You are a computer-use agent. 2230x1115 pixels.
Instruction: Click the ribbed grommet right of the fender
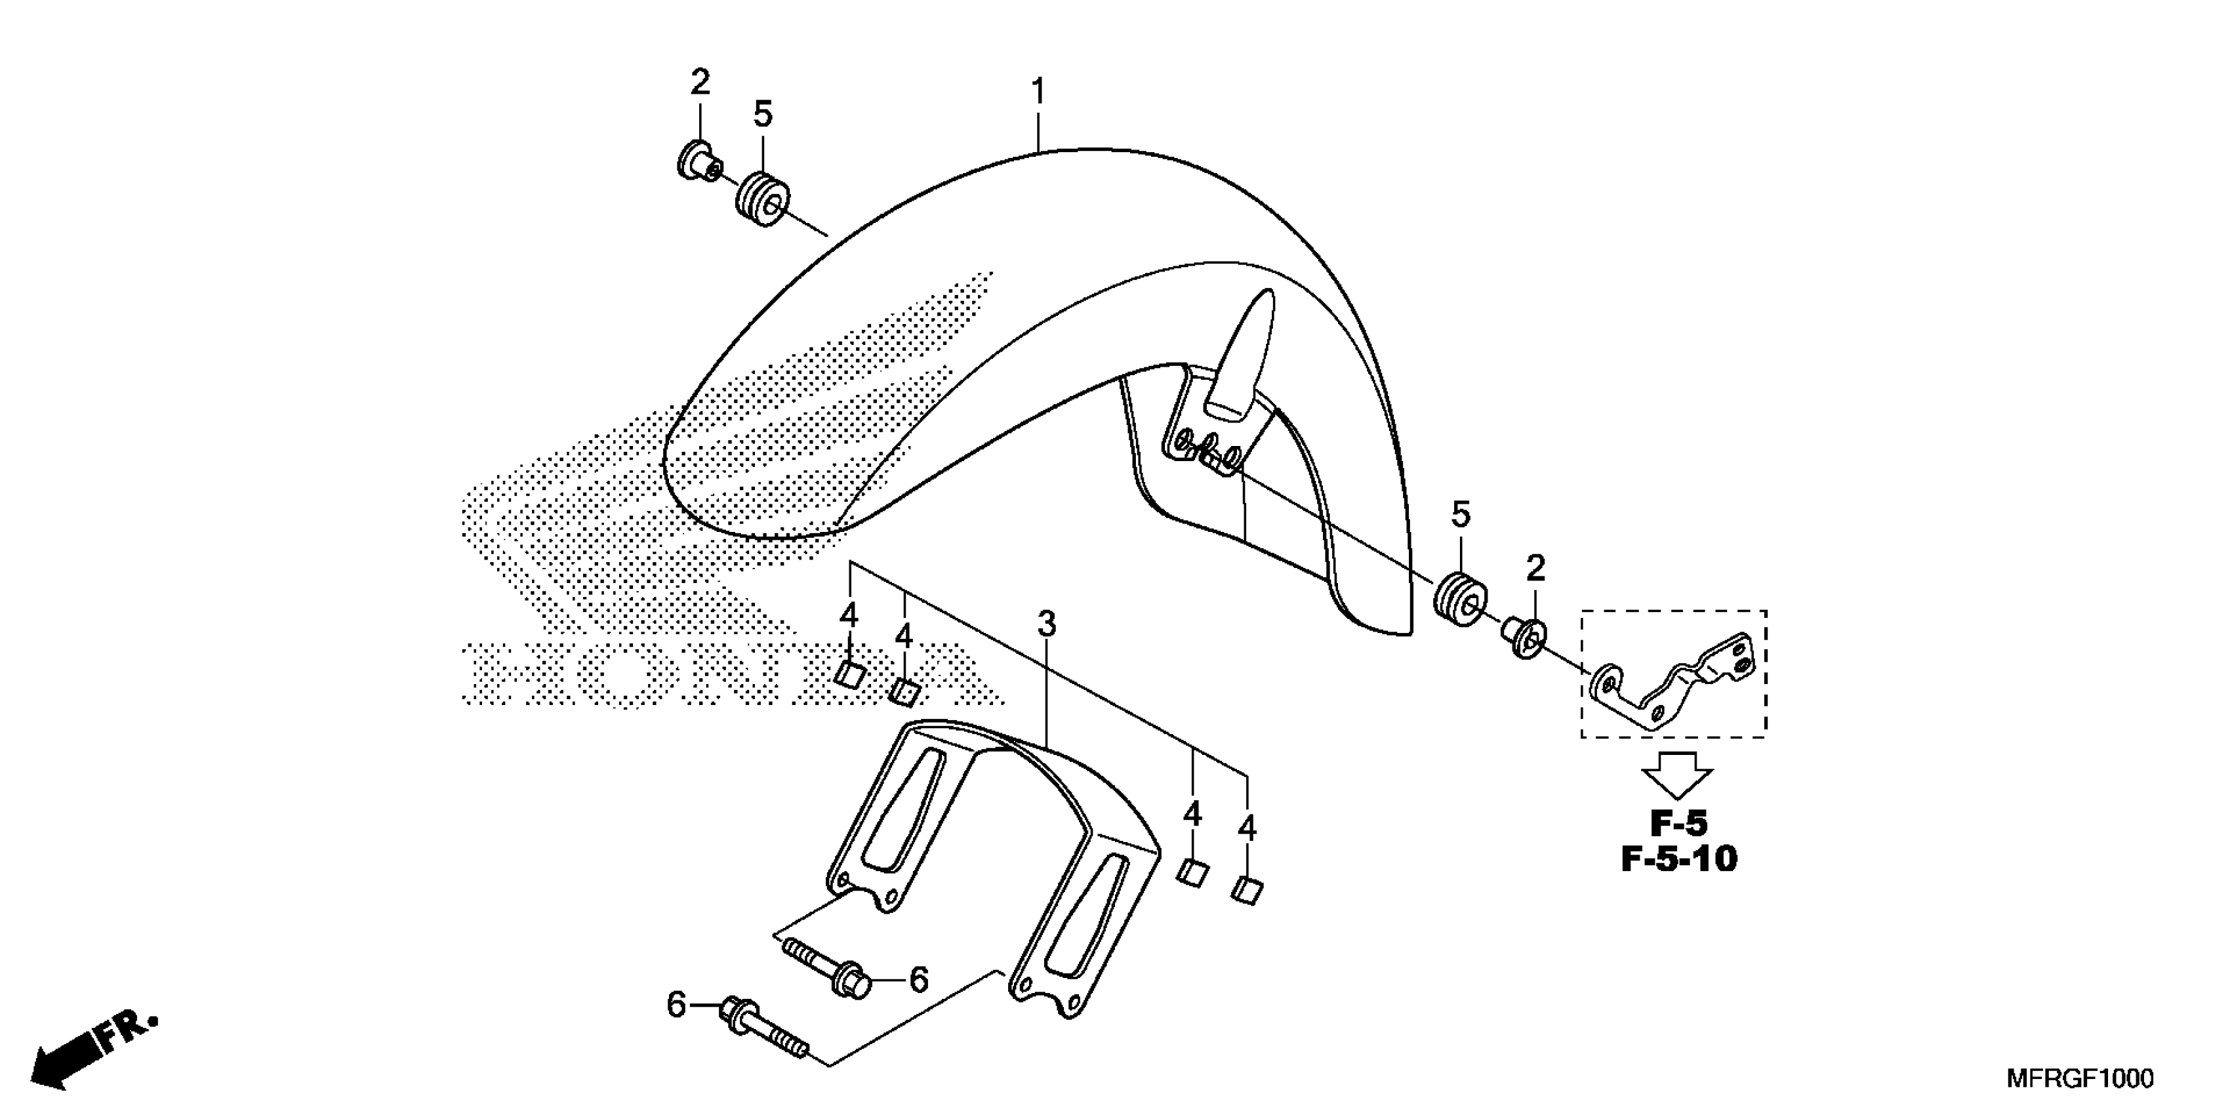point(1461,598)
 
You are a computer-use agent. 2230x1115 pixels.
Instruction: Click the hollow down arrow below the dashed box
point(1678,774)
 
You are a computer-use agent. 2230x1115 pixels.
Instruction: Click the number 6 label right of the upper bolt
point(918,980)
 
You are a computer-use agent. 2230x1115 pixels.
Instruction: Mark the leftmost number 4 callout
point(849,617)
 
